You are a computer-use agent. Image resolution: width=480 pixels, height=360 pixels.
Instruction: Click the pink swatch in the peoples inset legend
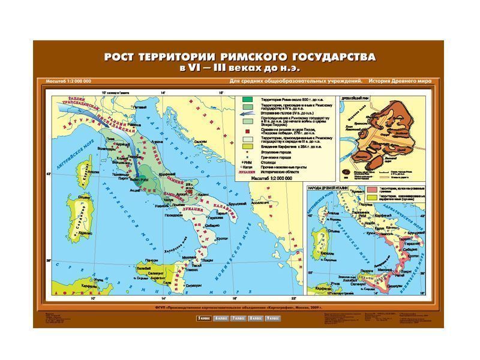click(371, 190)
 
